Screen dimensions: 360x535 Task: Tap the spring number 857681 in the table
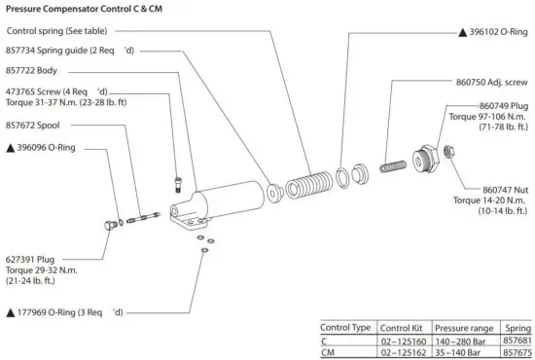pos(517,341)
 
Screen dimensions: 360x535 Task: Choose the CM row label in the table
pos(331,352)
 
